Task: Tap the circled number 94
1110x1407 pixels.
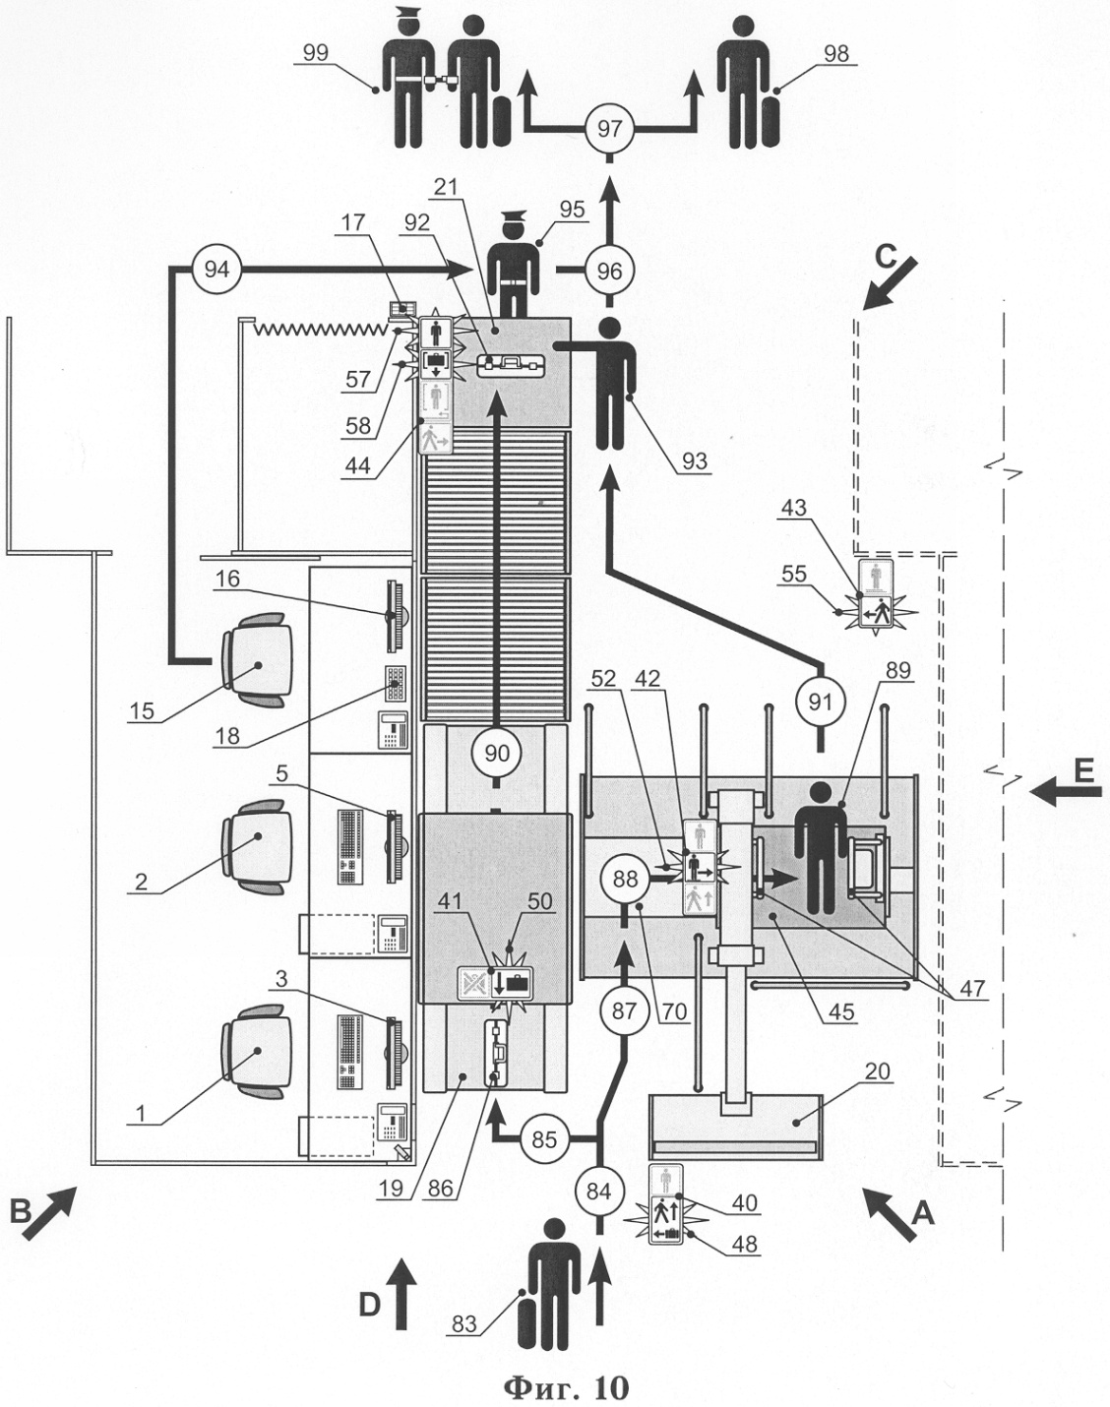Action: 216,268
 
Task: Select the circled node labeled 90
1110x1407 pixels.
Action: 497,754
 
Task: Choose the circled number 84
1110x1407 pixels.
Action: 597,1190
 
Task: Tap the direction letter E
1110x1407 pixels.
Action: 1083,773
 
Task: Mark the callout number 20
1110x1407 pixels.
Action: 878,1071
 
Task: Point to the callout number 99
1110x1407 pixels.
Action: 317,55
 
